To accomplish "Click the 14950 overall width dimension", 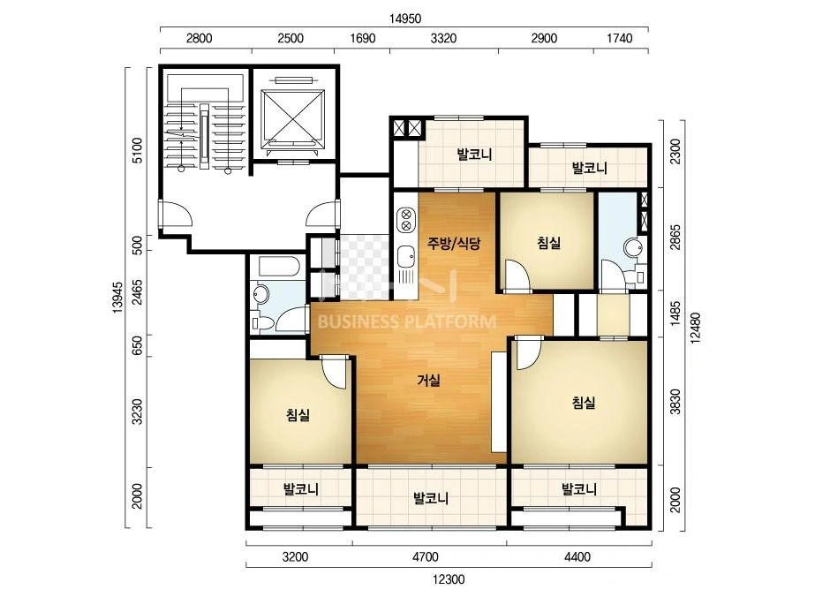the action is pos(405,19).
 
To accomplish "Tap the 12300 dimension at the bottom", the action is pos(448,578).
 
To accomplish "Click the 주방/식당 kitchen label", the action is pos(454,243).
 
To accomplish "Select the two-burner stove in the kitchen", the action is pos(406,219).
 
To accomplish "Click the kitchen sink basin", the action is pos(406,257).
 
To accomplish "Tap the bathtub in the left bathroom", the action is pos(279,267).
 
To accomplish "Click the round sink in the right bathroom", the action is pos(634,247).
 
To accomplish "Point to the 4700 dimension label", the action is pos(426,557).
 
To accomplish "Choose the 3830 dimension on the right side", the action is pos(675,402).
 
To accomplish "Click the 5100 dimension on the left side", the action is pos(137,150).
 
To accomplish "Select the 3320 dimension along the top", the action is pos(444,38).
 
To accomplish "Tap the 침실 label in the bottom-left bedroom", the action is pos(298,414).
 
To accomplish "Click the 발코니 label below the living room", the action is pos(431,498).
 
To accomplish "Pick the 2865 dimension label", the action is pos(675,238).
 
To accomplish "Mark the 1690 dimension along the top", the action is pos(362,38).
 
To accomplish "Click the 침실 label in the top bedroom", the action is pos(549,242).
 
